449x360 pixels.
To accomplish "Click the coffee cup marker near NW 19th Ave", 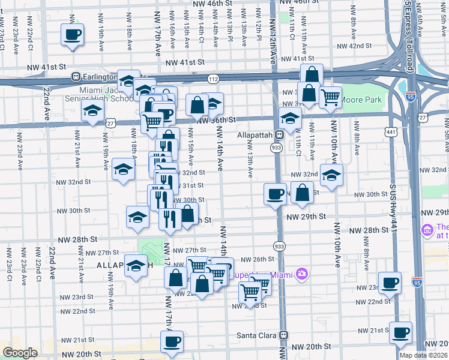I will [73, 34].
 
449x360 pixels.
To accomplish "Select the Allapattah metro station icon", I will [279, 135].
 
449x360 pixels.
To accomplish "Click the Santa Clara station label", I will [258, 335].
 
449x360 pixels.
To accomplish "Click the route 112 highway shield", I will [213, 79].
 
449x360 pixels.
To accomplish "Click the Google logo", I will [20, 353].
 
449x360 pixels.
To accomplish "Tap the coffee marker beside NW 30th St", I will [275, 194].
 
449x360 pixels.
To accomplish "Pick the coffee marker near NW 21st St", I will [400, 331].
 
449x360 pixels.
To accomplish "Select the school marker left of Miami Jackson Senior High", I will [93, 110].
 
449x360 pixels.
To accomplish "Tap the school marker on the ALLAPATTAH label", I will [136, 265].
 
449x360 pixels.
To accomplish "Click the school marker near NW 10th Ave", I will [331, 175].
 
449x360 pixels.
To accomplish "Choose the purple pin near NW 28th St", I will [427, 230].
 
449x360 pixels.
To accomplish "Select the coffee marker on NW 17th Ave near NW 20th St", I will [172, 341].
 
